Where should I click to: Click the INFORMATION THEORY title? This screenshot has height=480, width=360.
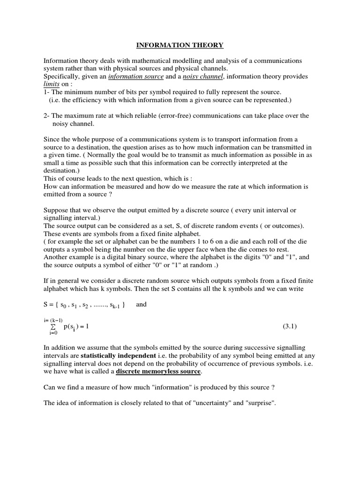tap(180, 45)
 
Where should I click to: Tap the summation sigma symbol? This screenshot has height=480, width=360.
tap(53, 326)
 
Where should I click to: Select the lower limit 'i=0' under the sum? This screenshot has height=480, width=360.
tap(53, 333)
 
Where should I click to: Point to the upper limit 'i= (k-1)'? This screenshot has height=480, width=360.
tap(53, 320)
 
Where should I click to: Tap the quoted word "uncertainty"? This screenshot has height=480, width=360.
tap(210, 403)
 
